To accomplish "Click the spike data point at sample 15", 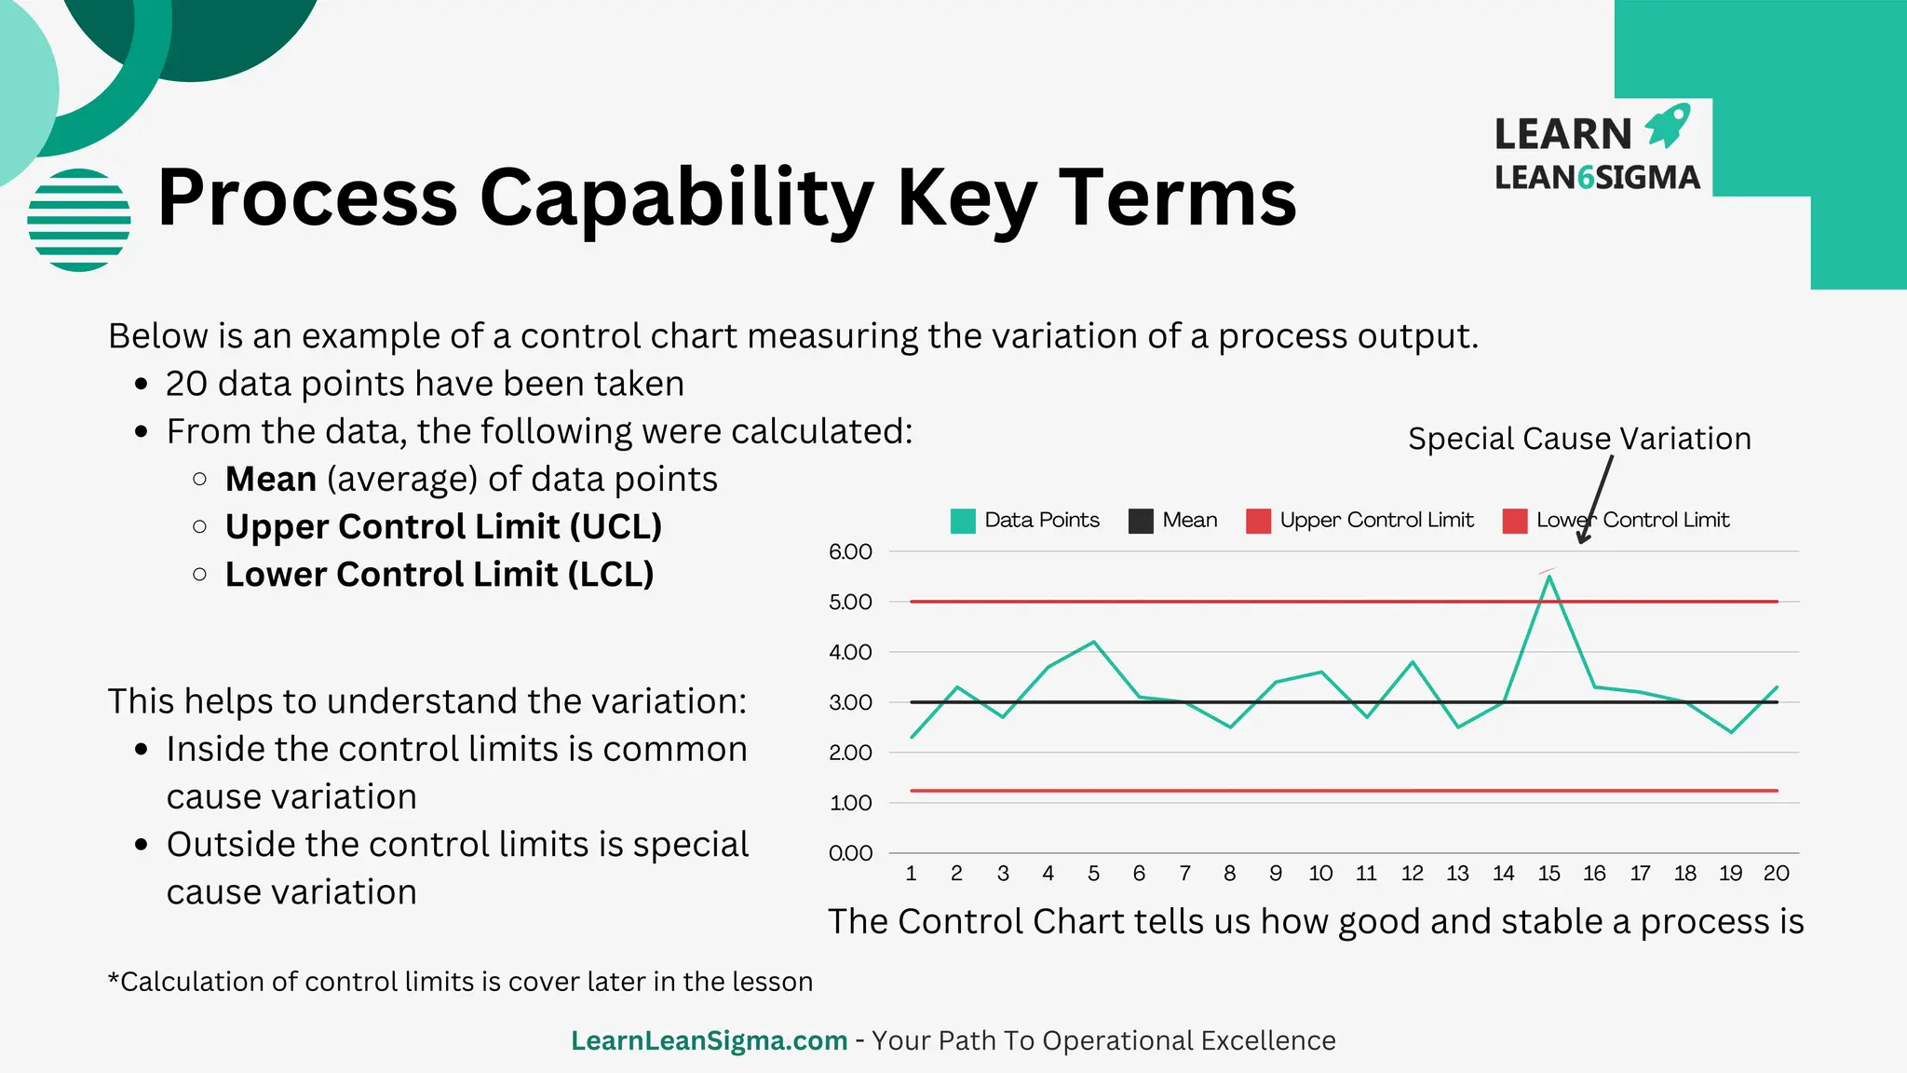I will point(1549,577).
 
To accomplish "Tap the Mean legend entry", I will point(1173,521).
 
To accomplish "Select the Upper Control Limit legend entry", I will point(1360,521).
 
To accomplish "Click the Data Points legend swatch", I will point(963,521).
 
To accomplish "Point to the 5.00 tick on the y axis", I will point(850,603).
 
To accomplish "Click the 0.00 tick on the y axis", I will point(850,853).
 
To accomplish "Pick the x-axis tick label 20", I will point(1776,874).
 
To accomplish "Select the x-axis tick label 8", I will point(1229,874).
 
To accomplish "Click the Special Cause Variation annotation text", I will point(1579,439).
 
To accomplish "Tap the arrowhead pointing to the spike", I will point(1582,538).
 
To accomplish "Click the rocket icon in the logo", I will point(1668,126).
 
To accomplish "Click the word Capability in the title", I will point(676,198).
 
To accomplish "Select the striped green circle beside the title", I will point(79,220).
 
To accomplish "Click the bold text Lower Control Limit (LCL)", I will point(440,575).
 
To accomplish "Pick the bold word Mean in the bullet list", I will point(271,480).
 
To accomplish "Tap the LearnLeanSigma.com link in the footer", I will point(709,1040).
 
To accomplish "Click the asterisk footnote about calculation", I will point(460,982).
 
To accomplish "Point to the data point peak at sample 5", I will point(1093,642).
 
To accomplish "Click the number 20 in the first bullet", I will point(185,384).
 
